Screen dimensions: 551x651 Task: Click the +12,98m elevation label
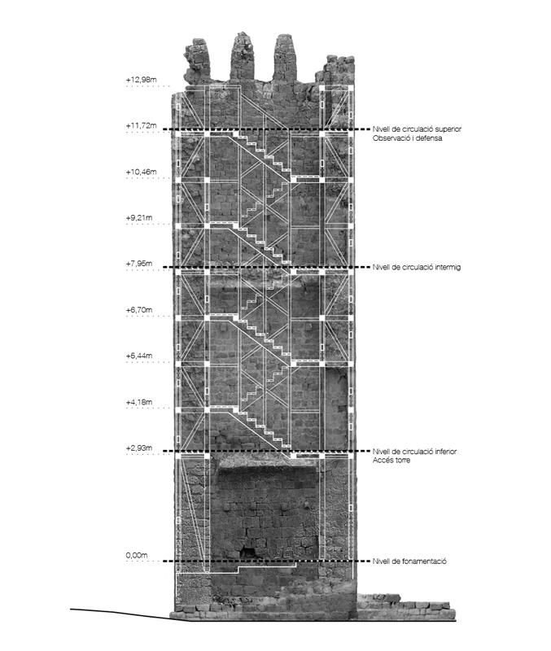pos(141,79)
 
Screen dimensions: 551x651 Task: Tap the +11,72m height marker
pos(141,125)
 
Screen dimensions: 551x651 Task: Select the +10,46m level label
pos(141,172)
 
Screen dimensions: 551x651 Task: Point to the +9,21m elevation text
pos(139,217)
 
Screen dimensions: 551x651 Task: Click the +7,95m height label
pos(139,263)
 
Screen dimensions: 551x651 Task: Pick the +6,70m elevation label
pos(139,310)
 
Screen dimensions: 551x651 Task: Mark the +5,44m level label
pos(139,356)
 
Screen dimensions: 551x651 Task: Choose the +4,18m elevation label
pos(139,402)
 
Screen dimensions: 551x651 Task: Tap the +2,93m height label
pos(139,448)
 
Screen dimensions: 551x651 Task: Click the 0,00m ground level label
pos(137,555)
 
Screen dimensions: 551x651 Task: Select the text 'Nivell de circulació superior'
pos(417,129)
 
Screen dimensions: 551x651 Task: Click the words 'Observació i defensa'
pos(407,138)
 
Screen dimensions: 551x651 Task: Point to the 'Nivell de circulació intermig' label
pos(417,267)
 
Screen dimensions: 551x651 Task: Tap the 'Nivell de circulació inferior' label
pos(414,452)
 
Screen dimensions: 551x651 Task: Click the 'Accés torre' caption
pos(391,460)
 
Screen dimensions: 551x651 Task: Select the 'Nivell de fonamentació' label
pos(409,561)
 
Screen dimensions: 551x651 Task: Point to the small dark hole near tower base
pos(248,553)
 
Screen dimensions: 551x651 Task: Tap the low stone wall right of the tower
pos(406,607)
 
